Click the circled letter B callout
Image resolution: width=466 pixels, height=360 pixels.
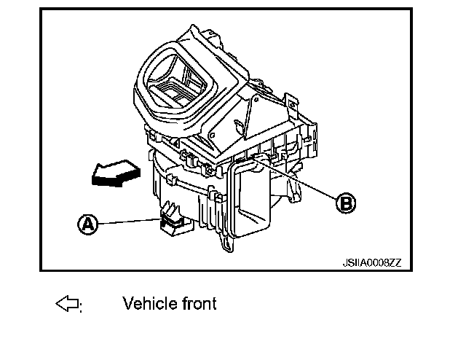pos(346,203)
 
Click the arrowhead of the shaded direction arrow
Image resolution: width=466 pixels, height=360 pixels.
pos(93,175)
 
